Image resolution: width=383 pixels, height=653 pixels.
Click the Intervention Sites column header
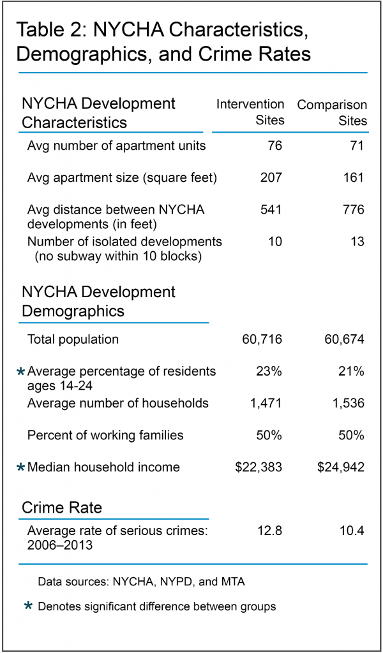click(250, 112)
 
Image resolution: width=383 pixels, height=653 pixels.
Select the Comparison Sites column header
click(333, 112)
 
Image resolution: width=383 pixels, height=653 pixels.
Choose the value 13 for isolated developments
click(356, 242)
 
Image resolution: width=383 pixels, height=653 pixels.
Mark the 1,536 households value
click(347, 403)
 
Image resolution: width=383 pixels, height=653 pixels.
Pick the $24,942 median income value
click(341, 467)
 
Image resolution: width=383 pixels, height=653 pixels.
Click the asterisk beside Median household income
click(21, 468)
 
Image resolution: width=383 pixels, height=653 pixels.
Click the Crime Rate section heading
click(62, 508)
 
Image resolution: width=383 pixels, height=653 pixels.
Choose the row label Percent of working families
click(105, 436)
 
